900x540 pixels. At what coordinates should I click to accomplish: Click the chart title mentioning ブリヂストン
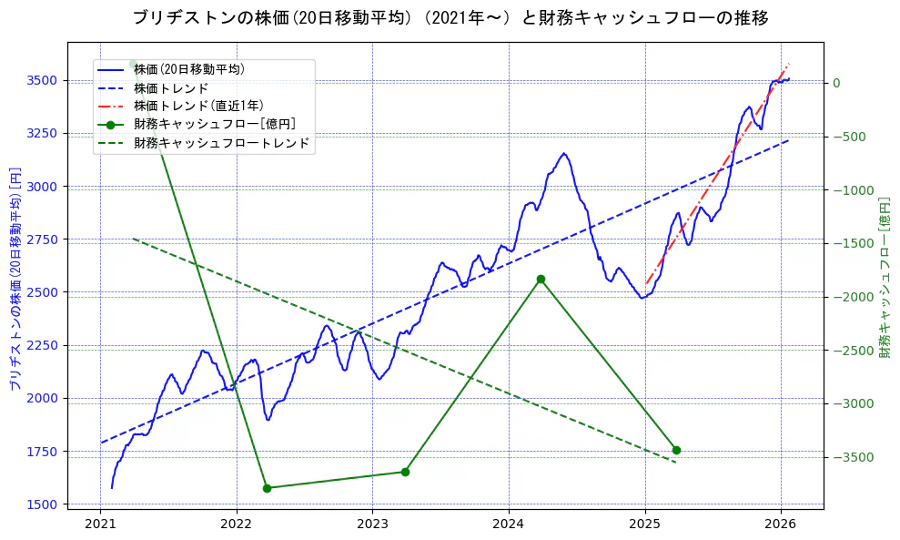pos(450,17)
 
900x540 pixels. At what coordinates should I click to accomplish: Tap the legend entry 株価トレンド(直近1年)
pos(197,106)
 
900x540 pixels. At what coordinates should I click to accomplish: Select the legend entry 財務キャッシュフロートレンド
pos(221,143)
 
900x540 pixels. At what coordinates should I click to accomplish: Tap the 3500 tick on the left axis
pos(43,80)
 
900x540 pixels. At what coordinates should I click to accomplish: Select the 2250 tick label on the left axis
pos(43,345)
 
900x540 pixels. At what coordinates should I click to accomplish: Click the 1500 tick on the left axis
pos(43,504)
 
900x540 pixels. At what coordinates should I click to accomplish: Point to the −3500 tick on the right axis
pos(854,457)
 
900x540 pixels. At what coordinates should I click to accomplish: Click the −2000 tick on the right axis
pos(854,297)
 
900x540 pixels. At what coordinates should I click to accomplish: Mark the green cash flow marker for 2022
pos(267,488)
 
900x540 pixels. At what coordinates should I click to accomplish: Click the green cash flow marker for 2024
pos(541,279)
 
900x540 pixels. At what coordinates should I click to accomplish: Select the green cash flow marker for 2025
pos(676,450)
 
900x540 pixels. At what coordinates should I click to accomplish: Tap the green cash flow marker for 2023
pos(405,472)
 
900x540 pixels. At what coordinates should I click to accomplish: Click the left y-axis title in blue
pos(15,280)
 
